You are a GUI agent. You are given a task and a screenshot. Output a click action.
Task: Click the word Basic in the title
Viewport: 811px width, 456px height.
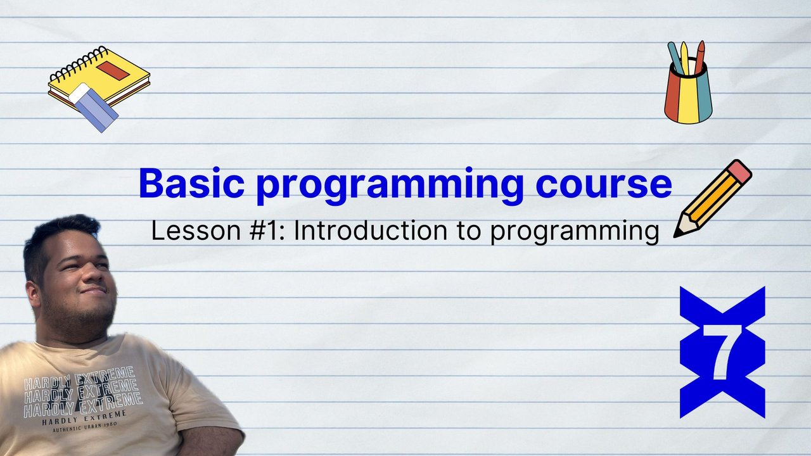point(191,183)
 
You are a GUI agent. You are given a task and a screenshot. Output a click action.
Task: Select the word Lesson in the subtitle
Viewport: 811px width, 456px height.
point(196,231)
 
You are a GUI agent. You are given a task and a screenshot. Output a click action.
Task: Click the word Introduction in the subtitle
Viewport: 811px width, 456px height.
point(370,230)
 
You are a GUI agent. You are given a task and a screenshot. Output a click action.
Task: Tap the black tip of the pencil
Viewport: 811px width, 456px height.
point(676,235)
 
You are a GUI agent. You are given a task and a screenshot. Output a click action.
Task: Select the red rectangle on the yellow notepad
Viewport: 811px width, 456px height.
point(113,70)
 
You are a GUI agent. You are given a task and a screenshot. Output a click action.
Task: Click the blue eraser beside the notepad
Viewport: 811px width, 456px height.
point(93,108)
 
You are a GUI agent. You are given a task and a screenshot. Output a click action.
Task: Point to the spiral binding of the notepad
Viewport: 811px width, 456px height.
point(79,64)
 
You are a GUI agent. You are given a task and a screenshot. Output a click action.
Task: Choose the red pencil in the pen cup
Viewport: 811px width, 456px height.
point(700,58)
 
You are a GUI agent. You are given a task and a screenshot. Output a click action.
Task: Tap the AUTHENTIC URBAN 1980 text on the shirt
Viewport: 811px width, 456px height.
point(85,427)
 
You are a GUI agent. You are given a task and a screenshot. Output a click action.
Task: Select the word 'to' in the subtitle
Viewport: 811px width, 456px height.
point(469,231)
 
